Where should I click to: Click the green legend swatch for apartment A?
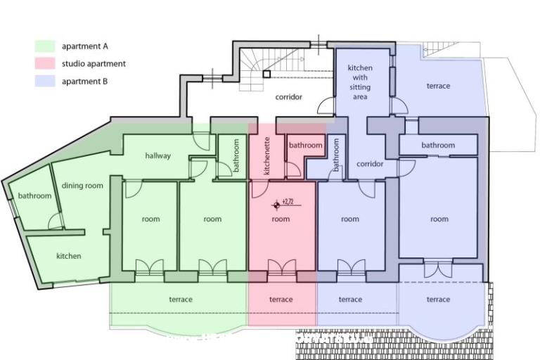click(x=45, y=46)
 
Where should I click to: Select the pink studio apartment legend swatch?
click(x=45, y=64)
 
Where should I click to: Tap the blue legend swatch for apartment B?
click(x=45, y=82)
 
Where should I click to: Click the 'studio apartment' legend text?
click(x=94, y=64)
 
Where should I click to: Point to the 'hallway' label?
click(x=157, y=155)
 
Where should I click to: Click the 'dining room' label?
click(x=82, y=186)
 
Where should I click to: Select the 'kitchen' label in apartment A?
click(x=68, y=256)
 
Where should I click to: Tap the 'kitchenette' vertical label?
click(x=267, y=155)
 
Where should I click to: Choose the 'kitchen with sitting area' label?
click(x=360, y=82)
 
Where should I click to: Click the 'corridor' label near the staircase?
click(x=288, y=97)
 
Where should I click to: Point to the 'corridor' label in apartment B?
click(x=370, y=164)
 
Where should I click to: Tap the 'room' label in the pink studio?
click(x=281, y=219)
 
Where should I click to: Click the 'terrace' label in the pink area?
click(x=281, y=300)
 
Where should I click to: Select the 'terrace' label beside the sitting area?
click(x=438, y=86)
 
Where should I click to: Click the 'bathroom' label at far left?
click(x=34, y=195)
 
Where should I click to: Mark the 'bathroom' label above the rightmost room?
click(x=438, y=145)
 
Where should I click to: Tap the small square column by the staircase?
click(x=266, y=73)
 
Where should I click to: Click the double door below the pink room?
click(x=281, y=267)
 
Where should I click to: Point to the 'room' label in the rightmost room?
click(x=439, y=219)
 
